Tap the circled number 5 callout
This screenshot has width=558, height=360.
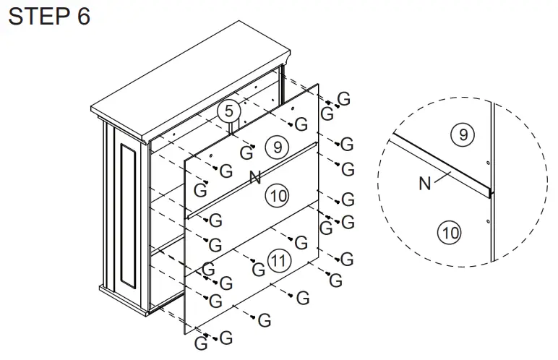[229, 111]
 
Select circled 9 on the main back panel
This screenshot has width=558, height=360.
[274, 147]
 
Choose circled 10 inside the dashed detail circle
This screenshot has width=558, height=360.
[450, 233]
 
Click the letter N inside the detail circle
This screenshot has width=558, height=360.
[426, 184]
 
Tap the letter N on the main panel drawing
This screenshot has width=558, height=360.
[254, 177]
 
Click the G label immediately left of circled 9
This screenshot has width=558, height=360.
[247, 153]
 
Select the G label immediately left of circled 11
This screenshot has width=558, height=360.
[258, 270]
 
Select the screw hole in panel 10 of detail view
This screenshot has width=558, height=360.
[489, 220]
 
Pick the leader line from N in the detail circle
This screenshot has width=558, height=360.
[447, 174]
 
